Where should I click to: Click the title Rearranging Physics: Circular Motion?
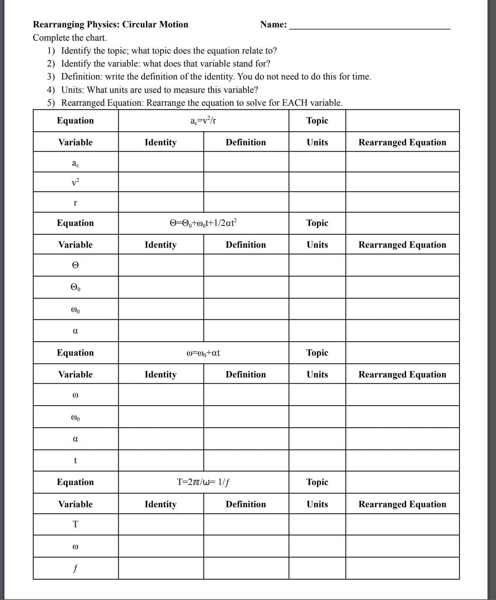point(110,24)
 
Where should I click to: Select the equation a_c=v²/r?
point(203,121)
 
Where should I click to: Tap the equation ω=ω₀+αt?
point(203,353)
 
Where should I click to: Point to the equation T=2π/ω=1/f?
point(203,482)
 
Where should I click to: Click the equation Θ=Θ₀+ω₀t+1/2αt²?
point(203,223)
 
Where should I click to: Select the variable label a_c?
point(75,163)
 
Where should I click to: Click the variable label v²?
point(75,182)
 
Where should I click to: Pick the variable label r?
point(75,203)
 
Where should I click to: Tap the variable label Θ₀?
point(75,288)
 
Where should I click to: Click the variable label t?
point(75,461)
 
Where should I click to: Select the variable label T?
point(75,524)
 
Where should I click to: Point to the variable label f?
point(75,568)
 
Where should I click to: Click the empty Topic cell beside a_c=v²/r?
point(402,121)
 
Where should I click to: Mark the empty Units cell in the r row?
point(317,202)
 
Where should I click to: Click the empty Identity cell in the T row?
point(161,524)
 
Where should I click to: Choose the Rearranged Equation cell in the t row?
point(402,461)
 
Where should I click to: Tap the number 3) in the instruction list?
point(51,77)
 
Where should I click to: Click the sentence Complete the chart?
point(70,38)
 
